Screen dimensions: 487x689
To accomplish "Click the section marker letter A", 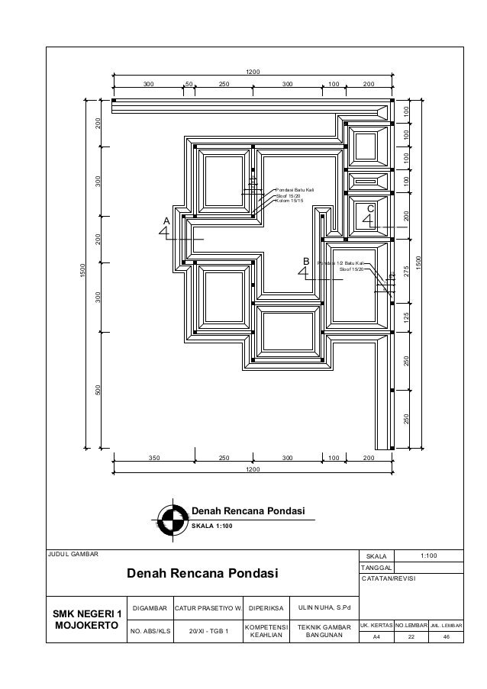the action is (x=166, y=220).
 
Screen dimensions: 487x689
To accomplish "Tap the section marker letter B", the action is (x=306, y=262).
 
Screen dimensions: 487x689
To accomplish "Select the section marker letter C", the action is (x=371, y=208).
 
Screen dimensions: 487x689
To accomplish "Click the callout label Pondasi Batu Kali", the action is (x=295, y=190).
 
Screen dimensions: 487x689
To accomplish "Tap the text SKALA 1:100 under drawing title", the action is (x=217, y=526).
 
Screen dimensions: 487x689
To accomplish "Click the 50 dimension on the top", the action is (x=189, y=84).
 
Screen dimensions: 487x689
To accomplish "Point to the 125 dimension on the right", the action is (x=407, y=315).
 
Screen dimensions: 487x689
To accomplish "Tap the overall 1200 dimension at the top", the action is (x=253, y=72).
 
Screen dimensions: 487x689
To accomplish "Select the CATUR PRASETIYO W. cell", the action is (x=208, y=608).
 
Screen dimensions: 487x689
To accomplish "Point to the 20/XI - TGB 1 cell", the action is (x=208, y=631).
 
